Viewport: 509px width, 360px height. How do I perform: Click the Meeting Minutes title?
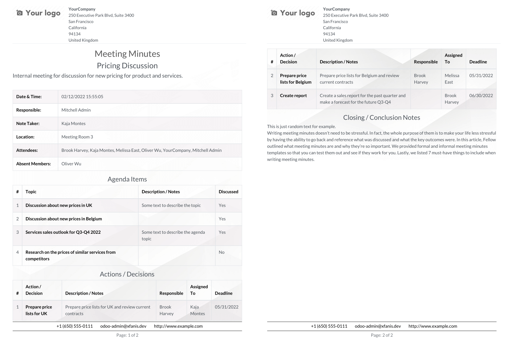click(x=127, y=54)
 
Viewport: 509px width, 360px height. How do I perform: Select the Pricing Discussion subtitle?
click(x=127, y=66)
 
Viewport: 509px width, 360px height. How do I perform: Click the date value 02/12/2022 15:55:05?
click(x=82, y=97)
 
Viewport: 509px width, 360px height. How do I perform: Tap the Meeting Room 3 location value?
click(x=77, y=137)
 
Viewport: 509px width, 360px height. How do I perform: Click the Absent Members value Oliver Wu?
click(x=71, y=164)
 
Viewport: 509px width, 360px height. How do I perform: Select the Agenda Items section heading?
click(x=127, y=179)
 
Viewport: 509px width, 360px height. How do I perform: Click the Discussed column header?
click(x=228, y=192)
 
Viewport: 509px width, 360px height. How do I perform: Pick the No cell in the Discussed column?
click(x=222, y=252)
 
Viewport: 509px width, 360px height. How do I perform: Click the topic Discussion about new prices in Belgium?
click(x=63, y=219)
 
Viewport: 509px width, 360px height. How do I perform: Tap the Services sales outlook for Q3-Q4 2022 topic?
click(x=63, y=232)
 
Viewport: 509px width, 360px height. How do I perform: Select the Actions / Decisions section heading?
click(x=127, y=274)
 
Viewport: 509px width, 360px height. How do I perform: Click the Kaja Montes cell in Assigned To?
click(x=197, y=310)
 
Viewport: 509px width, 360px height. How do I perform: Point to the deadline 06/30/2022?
click(x=481, y=96)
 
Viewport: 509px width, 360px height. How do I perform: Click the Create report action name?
click(x=293, y=96)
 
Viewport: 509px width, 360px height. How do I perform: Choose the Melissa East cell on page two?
click(x=452, y=79)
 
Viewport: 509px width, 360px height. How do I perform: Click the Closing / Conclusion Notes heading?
click(x=381, y=118)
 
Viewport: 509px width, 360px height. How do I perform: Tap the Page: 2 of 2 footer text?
click(x=382, y=335)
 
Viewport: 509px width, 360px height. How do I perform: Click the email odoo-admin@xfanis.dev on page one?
click(x=123, y=326)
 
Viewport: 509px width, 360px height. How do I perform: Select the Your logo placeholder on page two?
click(x=293, y=13)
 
